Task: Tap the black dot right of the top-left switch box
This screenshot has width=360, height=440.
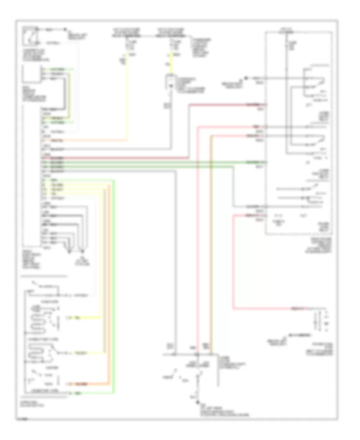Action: pyautogui.click(x=66, y=29)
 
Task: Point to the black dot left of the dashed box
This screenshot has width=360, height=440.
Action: pyautogui.click(x=246, y=77)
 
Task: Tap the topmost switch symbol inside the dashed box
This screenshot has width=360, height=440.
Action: pyautogui.click(x=316, y=82)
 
